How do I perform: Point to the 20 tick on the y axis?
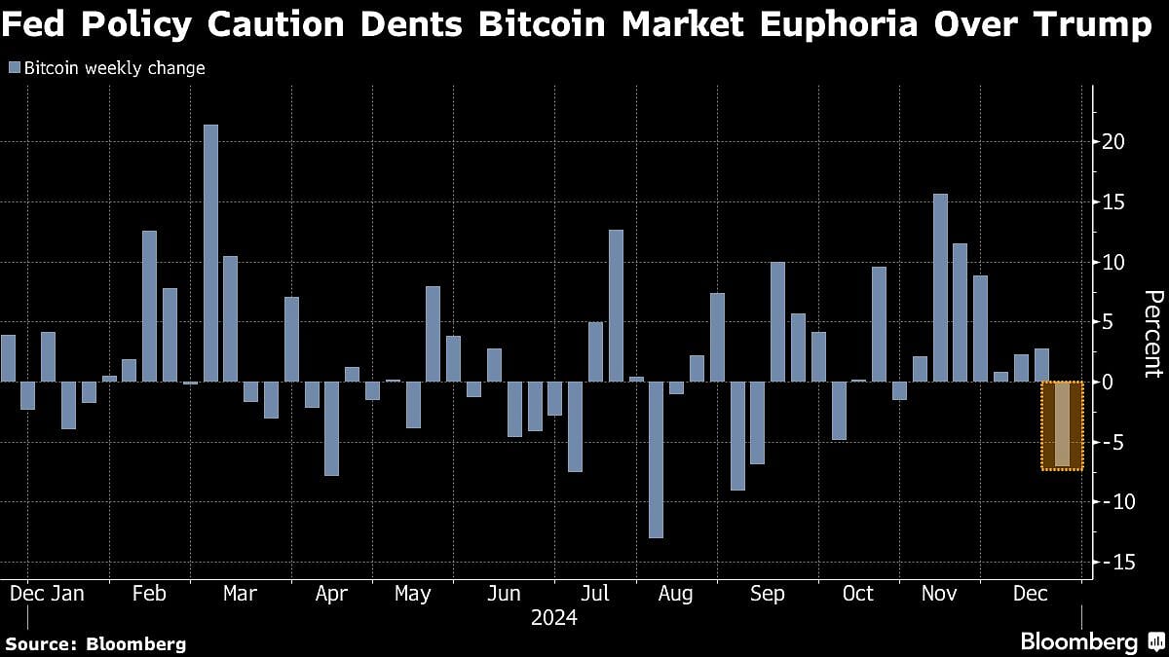click(1113, 141)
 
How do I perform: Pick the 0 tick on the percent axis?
click(1108, 382)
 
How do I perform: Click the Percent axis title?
click(1152, 333)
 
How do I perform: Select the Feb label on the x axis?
click(148, 594)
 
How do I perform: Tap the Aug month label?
click(675, 594)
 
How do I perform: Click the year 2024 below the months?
click(553, 618)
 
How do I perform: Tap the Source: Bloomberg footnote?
click(95, 643)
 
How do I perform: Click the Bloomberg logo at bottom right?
click(1089, 641)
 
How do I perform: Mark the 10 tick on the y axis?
click(1113, 262)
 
